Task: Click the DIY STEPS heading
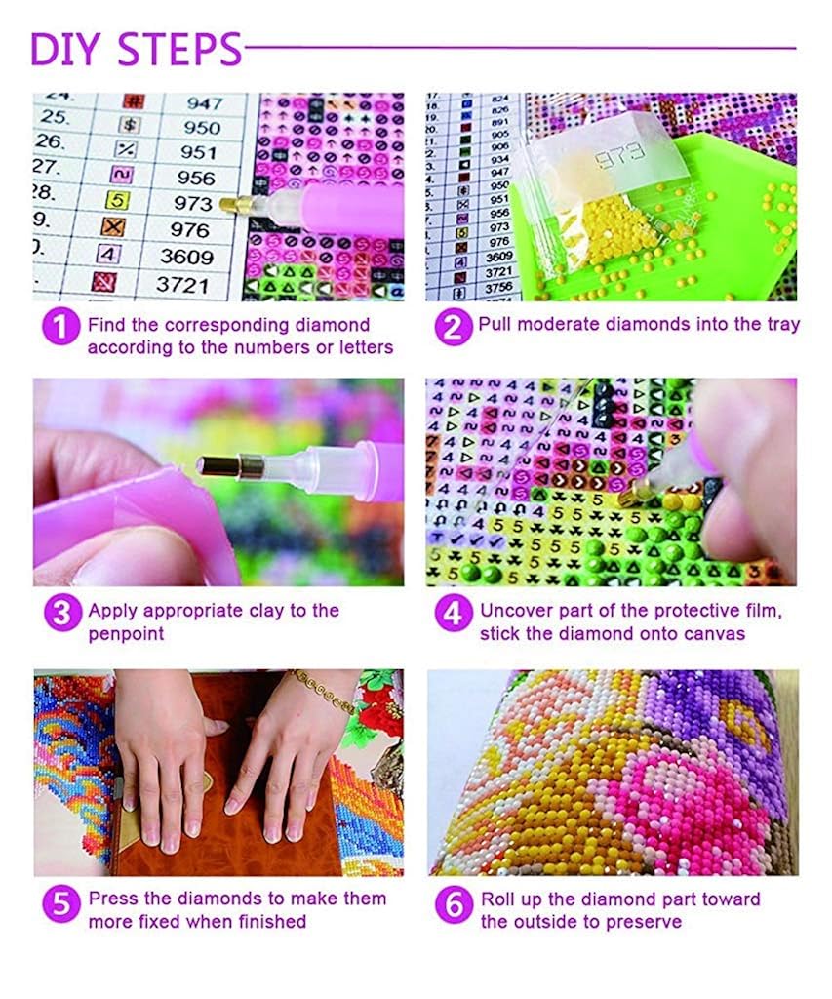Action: click(x=136, y=49)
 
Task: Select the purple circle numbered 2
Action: click(x=453, y=326)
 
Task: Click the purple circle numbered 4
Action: click(x=453, y=613)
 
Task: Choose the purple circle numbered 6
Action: click(x=453, y=904)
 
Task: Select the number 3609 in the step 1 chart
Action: click(x=187, y=258)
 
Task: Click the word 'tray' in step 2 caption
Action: click(x=780, y=325)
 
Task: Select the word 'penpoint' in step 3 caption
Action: click(x=122, y=634)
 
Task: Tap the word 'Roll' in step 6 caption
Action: click(x=497, y=899)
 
